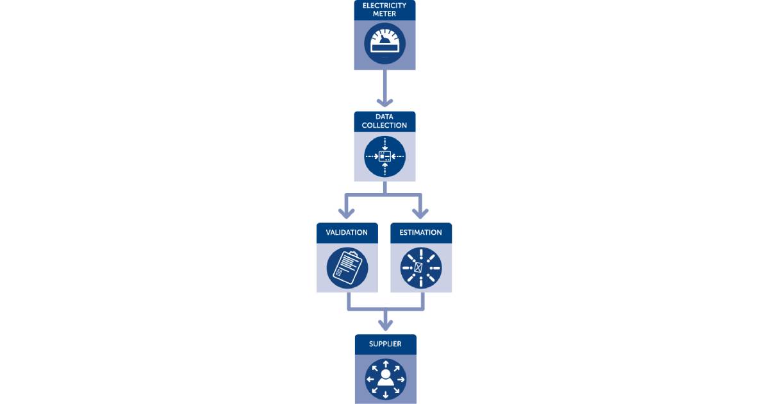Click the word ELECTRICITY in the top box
[x=384, y=5]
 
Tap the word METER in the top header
[x=384, y=13]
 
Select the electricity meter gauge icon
[x=384, y=44]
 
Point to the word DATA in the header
[x=384, y=117]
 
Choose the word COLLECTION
[x=384, y=126]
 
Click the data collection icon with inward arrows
[x=384, y=156]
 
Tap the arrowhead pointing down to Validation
[x=347, y=212]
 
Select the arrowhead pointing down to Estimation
[x=421, y=212]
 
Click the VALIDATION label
[x=347, y=232]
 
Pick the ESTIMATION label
[x=421, y=232]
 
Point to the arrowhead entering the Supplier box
[x=385, y=324]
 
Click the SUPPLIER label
[x=385, y=344]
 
